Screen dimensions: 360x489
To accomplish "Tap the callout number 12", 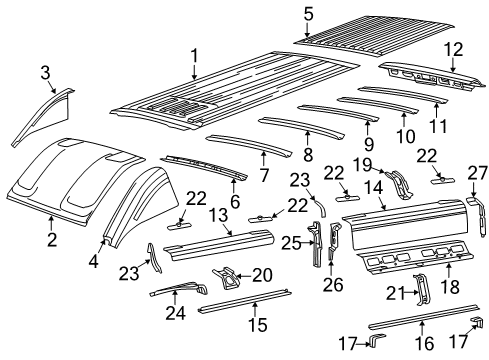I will tap(453, 48).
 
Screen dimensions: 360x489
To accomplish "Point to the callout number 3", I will tap(45, 71).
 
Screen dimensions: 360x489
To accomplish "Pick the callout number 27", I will tap(475, 171).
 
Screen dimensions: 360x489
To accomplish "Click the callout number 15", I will tap(263, 325).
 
